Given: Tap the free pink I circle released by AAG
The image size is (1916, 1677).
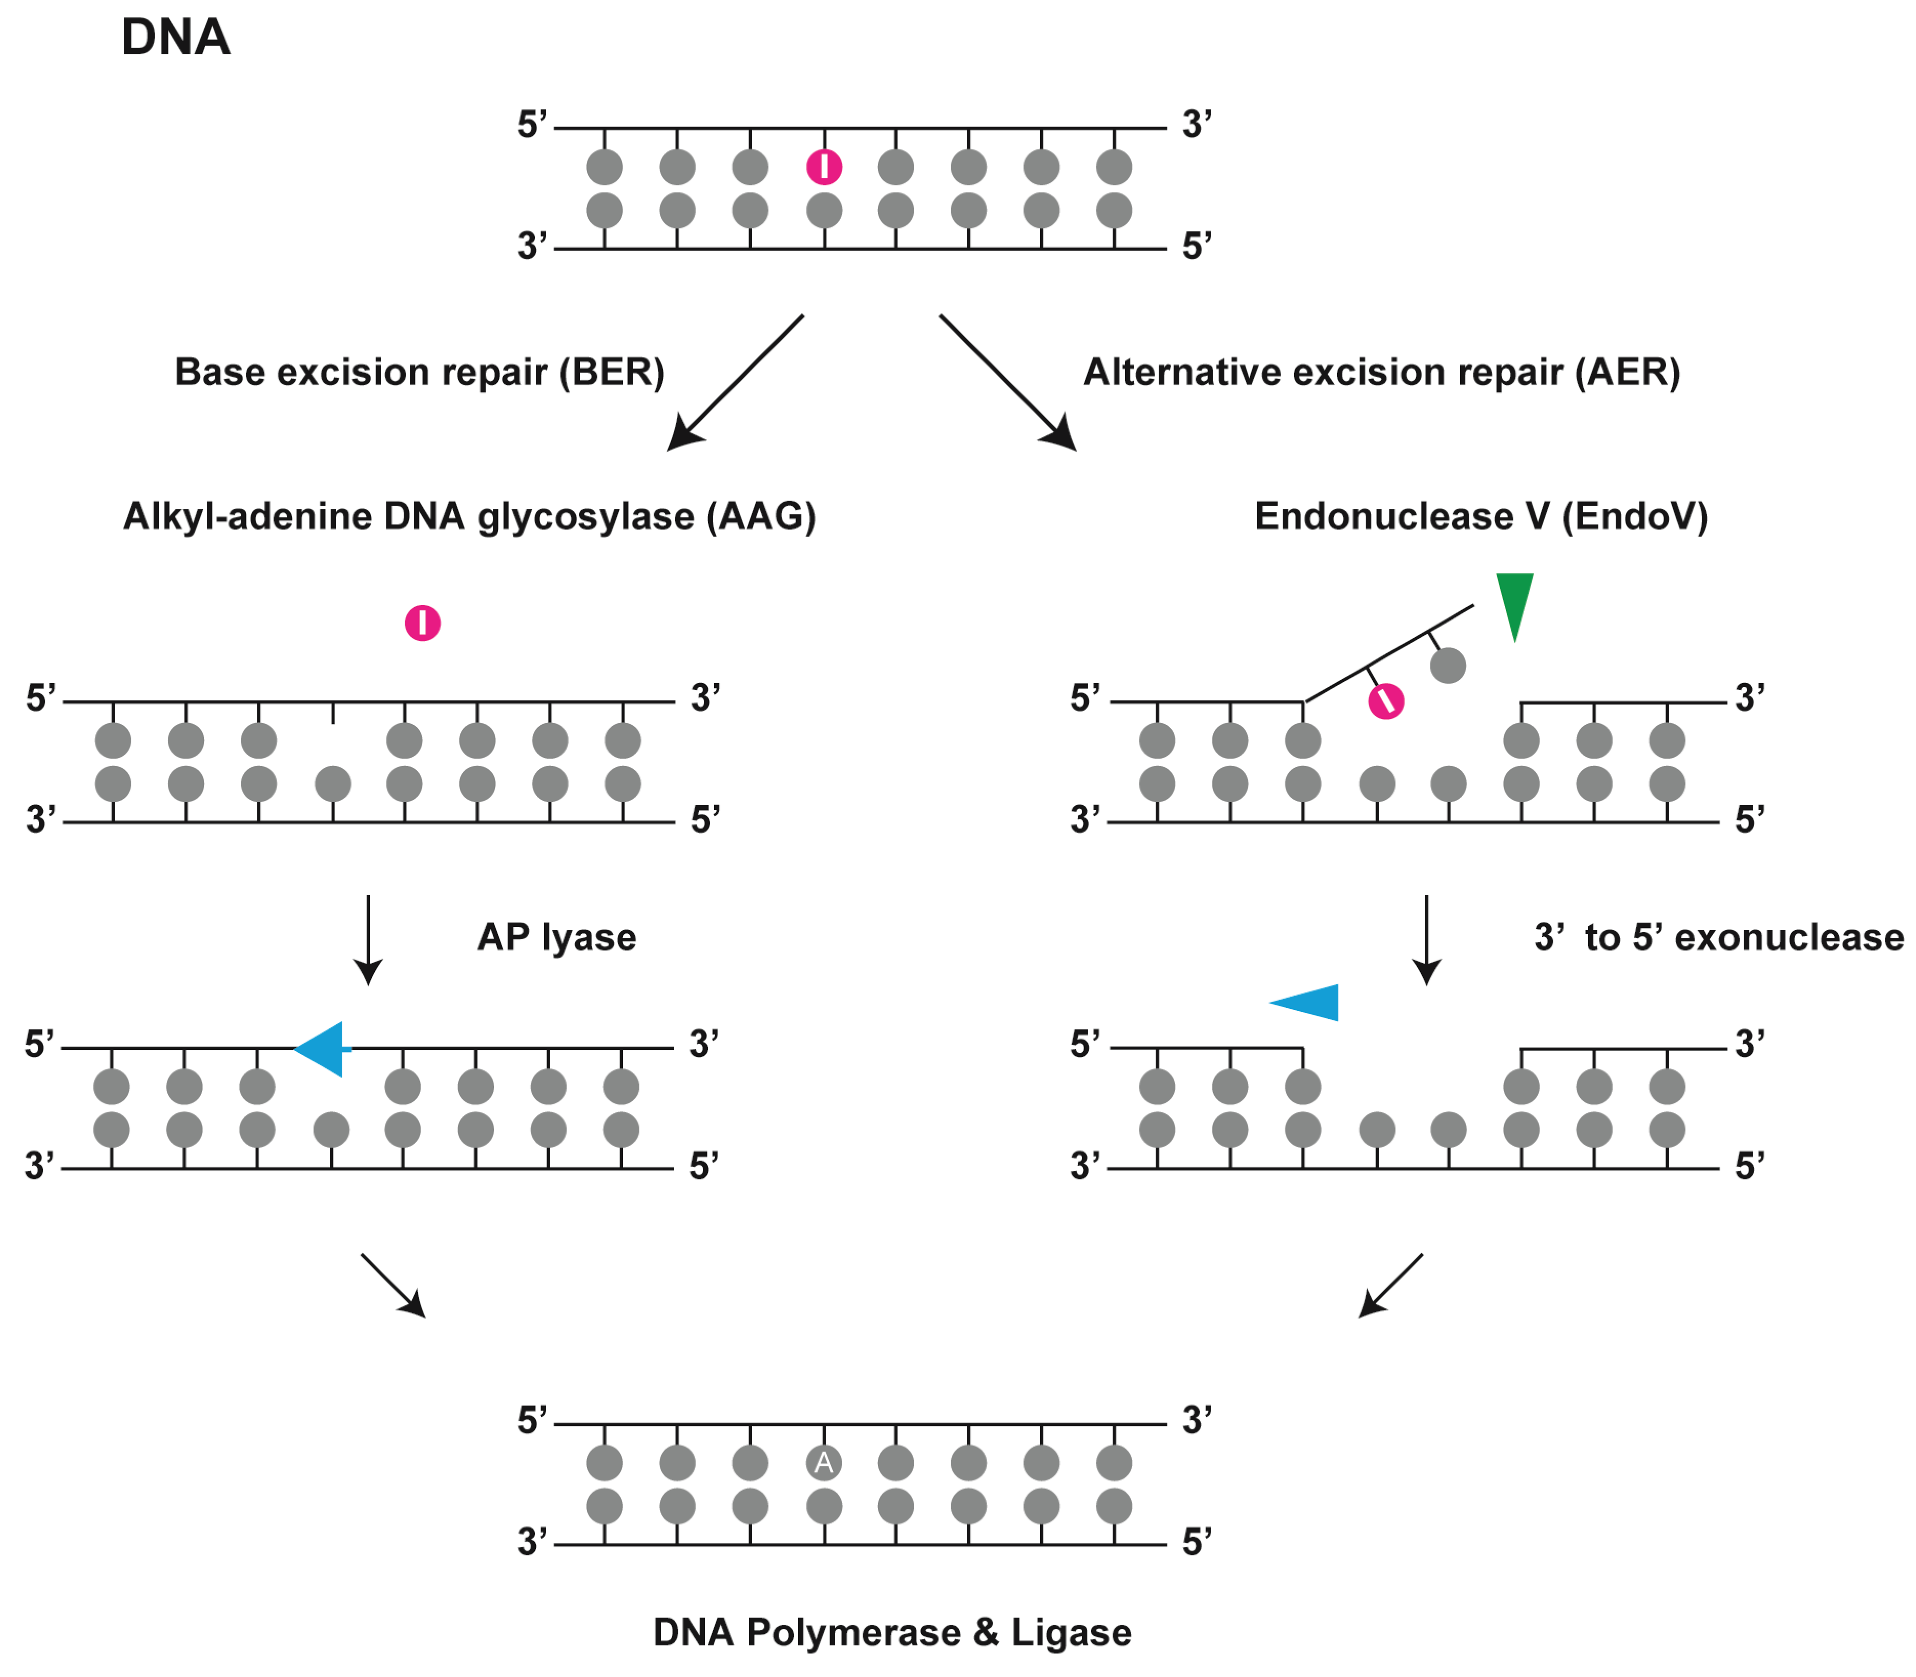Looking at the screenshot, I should click(422, 623).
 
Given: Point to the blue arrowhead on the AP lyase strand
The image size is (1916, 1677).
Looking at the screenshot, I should click(321, 1049).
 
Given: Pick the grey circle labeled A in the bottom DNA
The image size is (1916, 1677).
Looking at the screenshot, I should click(823, 1463).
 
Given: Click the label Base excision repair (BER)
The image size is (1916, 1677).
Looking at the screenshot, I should click(419, 371).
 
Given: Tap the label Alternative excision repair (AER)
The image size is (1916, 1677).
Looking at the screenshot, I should click(1381, 371).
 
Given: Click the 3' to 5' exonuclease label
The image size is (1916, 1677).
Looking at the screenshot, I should click(1718, 937).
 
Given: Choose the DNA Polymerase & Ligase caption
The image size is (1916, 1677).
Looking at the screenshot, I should click(891, 1632).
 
